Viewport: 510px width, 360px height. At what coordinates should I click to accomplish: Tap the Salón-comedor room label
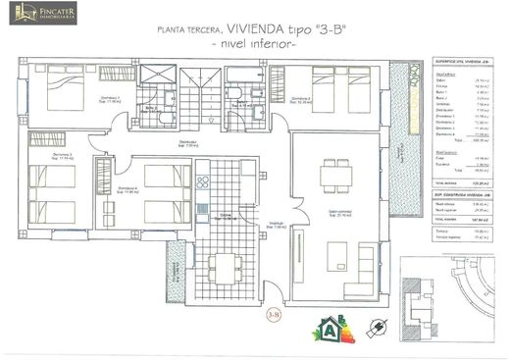[x=338, y=213]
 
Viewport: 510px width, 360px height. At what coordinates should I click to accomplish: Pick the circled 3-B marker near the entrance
[x=275, y=314]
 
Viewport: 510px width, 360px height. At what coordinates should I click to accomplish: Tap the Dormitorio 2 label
[x=299, y=100]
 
